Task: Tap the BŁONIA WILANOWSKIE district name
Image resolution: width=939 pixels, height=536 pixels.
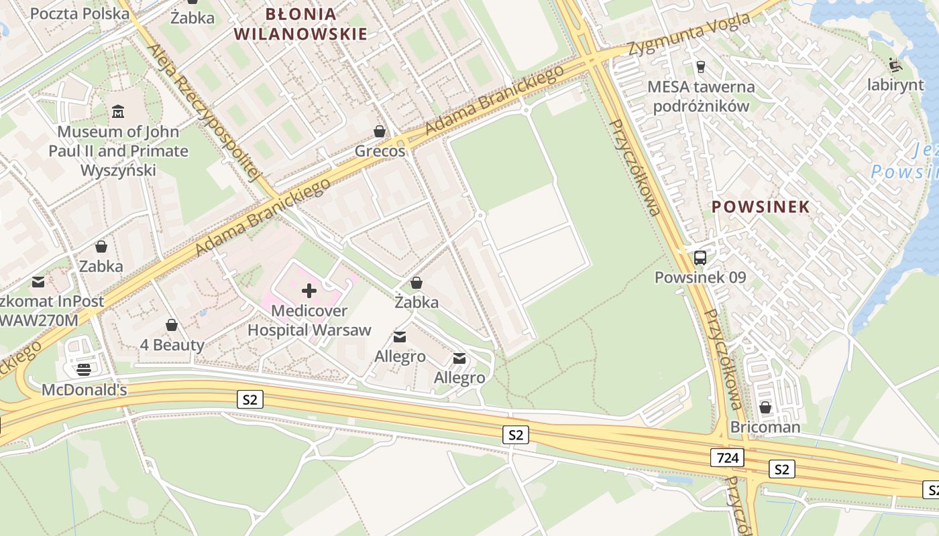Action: click(300, 23)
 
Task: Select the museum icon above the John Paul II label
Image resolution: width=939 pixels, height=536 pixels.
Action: click(118, 111)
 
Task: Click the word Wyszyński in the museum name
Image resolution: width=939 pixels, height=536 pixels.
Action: click(118, 170)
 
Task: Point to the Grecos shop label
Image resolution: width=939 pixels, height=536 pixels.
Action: click(380, 151)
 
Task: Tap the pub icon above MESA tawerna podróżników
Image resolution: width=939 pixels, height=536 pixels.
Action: click(701, 66)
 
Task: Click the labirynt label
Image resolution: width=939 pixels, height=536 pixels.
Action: click(895, 85)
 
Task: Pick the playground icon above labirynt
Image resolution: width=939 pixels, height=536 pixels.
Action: click(895, 65)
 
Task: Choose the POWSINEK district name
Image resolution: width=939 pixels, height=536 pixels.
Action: click(761, 206)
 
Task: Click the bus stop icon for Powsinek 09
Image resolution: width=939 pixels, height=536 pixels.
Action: click(700, 257)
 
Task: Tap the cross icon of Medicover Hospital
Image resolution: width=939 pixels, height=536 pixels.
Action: click(309, 291)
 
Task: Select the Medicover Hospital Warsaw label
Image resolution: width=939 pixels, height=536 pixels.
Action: click(309, 320)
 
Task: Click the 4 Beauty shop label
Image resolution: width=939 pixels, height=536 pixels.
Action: click(172, 345)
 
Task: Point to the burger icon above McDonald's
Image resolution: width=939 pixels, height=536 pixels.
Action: click(84, 369)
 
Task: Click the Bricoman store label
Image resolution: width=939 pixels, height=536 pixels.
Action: click(765, 427)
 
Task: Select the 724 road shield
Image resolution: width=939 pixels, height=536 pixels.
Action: click(727, 458)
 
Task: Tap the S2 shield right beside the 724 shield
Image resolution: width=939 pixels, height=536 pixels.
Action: click(781, 469)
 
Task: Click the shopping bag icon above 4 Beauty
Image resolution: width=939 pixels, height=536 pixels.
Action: click(172, 325)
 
